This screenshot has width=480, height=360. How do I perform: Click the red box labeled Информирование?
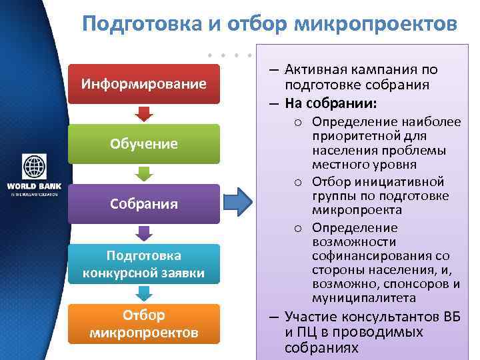(143, 84)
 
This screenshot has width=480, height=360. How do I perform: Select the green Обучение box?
(143, 144)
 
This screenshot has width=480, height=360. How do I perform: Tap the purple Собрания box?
(143, 203)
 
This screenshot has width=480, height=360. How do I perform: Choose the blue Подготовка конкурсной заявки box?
(143, 264)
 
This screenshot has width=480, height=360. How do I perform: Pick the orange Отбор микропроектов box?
(143, 323)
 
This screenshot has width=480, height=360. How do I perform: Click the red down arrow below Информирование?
(143, 113)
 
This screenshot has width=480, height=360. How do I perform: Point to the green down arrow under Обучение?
(143, 173)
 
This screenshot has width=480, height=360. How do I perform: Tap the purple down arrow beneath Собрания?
(143, 233)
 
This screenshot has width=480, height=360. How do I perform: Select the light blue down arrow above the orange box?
(143, 293)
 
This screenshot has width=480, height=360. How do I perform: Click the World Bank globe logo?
(34, 167)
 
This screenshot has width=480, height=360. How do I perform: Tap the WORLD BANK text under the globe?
(33, 186)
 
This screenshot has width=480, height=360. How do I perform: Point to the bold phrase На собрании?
(331, 103)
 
